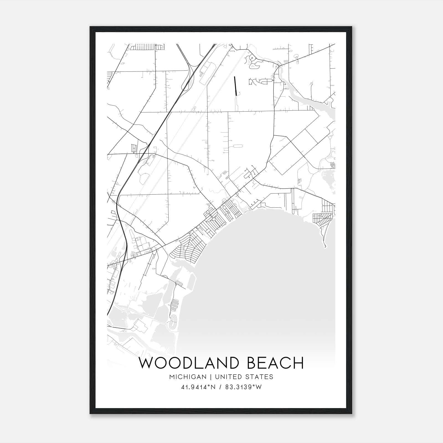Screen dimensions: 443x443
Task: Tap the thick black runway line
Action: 235,86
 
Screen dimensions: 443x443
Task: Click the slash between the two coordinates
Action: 220,387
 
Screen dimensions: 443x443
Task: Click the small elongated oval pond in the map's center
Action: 238,145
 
